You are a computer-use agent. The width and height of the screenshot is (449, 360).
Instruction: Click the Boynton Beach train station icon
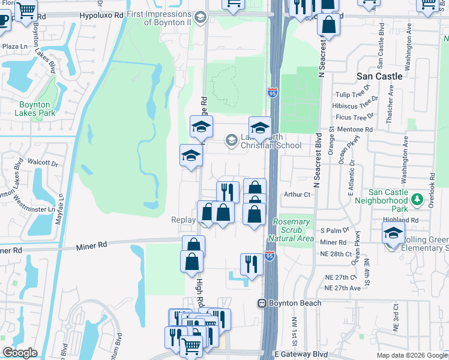[262, 304]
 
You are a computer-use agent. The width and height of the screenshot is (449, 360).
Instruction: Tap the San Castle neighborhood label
[379, 76]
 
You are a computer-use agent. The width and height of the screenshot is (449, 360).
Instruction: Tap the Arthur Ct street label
[298, 194]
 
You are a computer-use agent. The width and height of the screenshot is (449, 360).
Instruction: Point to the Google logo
[20, 353]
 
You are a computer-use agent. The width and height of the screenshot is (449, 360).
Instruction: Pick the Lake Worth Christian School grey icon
[231, 140]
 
